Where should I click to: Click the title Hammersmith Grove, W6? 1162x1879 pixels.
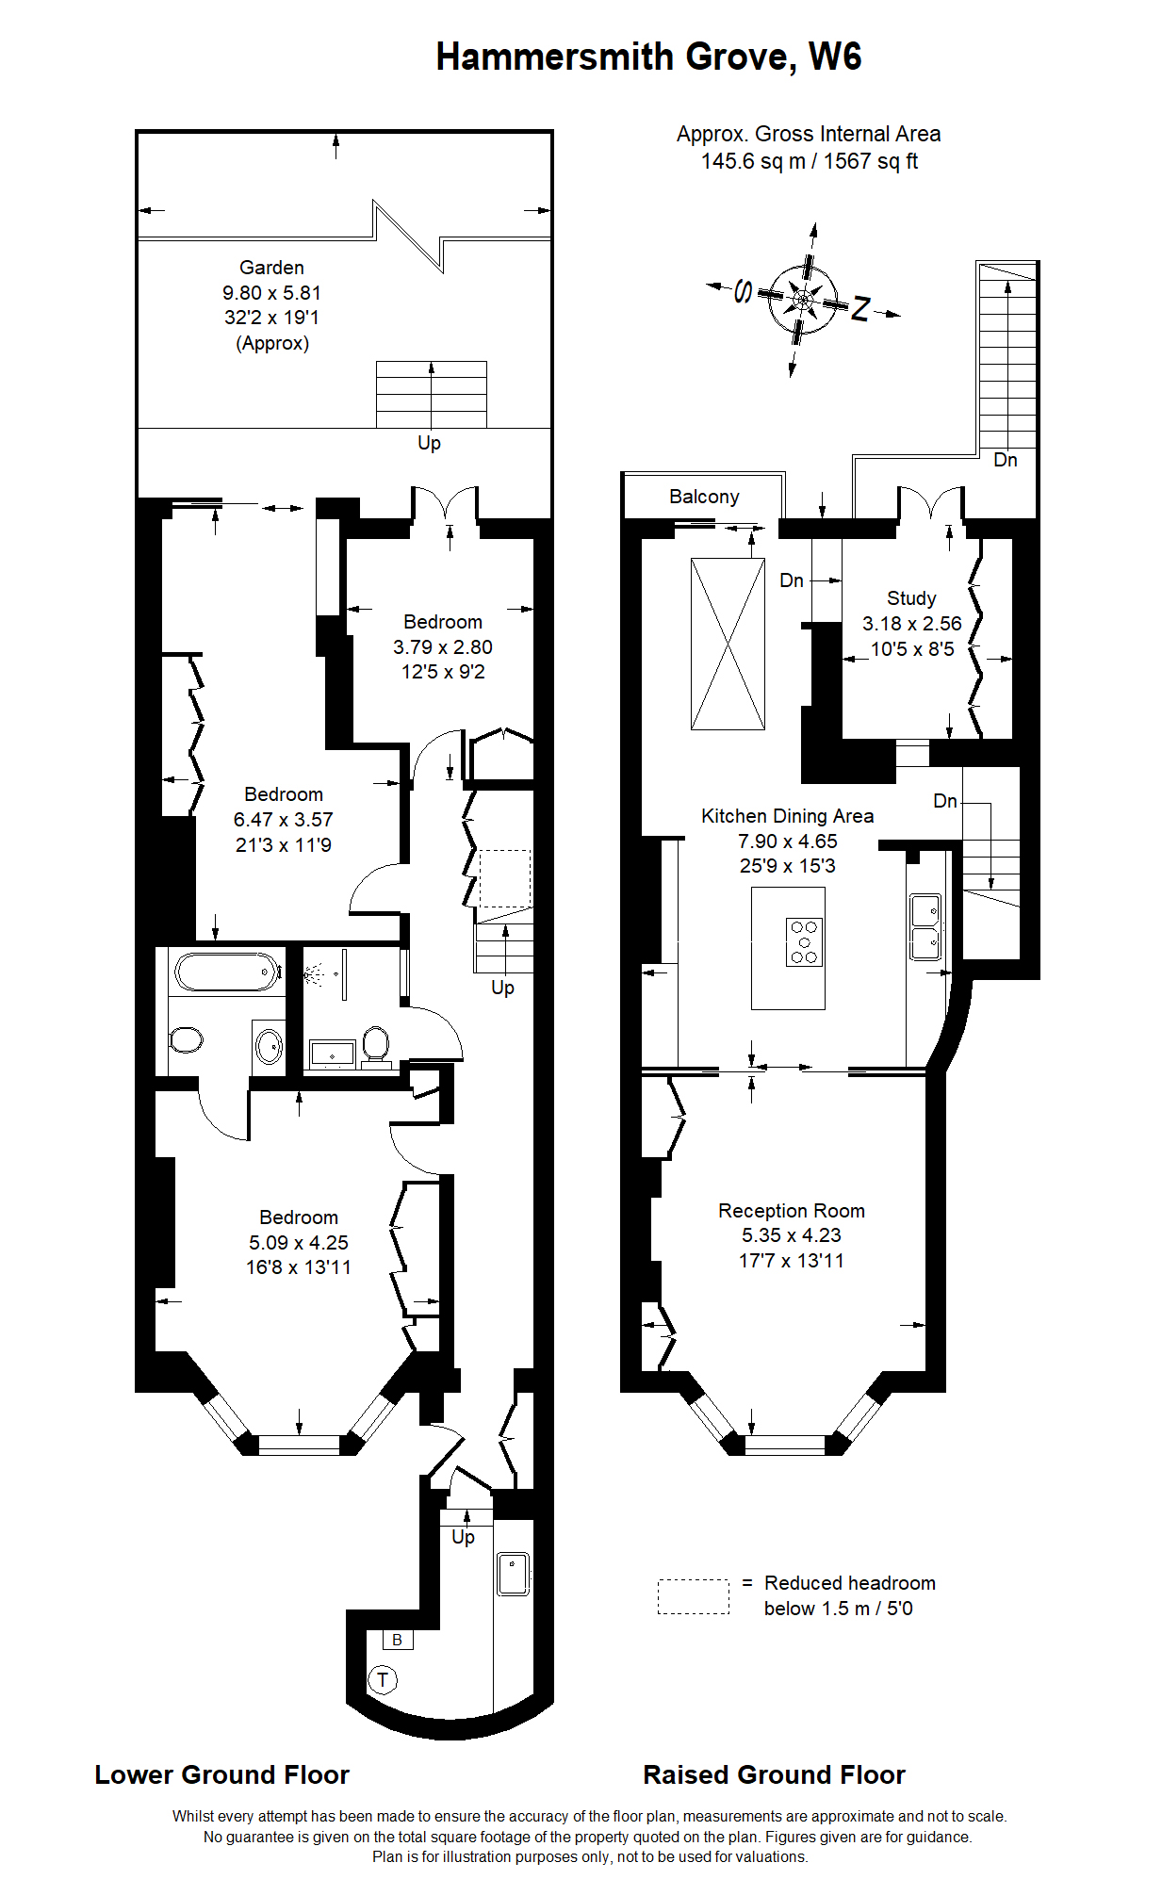click(648, 57)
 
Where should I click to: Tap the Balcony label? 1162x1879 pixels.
click(704, 497)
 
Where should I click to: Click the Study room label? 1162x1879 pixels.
click(911, 598)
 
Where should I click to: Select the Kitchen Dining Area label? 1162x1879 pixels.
click(787, 816)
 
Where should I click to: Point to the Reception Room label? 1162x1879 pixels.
click(791, 1211)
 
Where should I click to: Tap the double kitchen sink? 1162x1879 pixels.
click(925, 927)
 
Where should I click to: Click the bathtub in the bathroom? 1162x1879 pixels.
click(227, 972)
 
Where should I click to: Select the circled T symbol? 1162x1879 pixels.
click(383, 1679)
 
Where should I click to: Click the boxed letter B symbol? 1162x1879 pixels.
click(398, 1640)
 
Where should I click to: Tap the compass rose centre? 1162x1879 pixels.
click(802, 300)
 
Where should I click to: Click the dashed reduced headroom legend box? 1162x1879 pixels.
click(693, 1596)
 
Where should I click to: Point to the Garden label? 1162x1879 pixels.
click(271, 268)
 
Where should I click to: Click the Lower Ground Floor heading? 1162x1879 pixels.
click(221, 1775)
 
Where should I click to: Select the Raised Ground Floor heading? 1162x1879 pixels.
click(774, 1775)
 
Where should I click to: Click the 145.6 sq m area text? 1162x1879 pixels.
click(753, 161)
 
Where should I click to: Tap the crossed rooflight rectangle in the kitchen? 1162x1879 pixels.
click(728, 644)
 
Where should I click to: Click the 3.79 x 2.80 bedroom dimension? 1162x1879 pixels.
click(443, 647)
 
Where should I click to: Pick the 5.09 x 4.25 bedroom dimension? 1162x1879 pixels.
click(299, 1243)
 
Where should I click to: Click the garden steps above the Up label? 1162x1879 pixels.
click(432, 394)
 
